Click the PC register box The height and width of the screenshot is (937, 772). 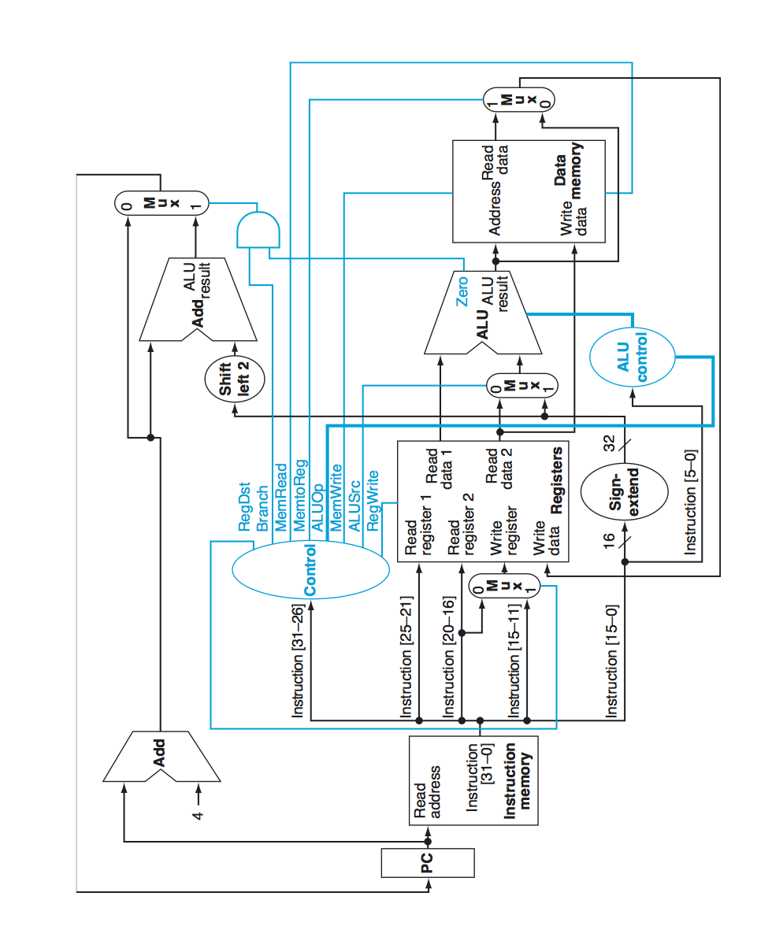coord(428,862)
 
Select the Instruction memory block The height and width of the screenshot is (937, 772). coord(473,780)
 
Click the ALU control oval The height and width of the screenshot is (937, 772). coord(633,357)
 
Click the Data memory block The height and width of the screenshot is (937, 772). coord(529,191)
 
